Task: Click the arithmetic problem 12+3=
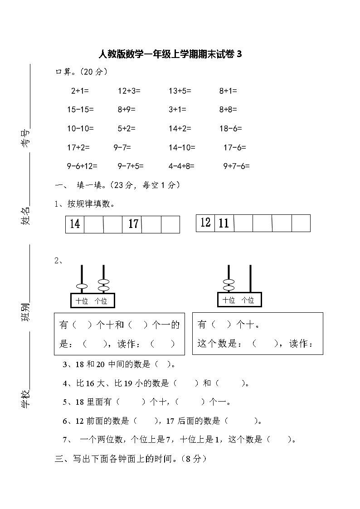129,91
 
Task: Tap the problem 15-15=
80,109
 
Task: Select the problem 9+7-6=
236,166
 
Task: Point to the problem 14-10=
182,147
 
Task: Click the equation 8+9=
126,109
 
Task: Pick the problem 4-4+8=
181,166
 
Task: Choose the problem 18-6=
230,128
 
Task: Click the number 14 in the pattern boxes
75,224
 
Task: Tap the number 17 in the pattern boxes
133,224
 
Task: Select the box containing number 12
205,223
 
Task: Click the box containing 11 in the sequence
224,223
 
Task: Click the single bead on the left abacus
82,286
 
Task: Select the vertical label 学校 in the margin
26,399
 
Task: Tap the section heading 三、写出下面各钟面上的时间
131,459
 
